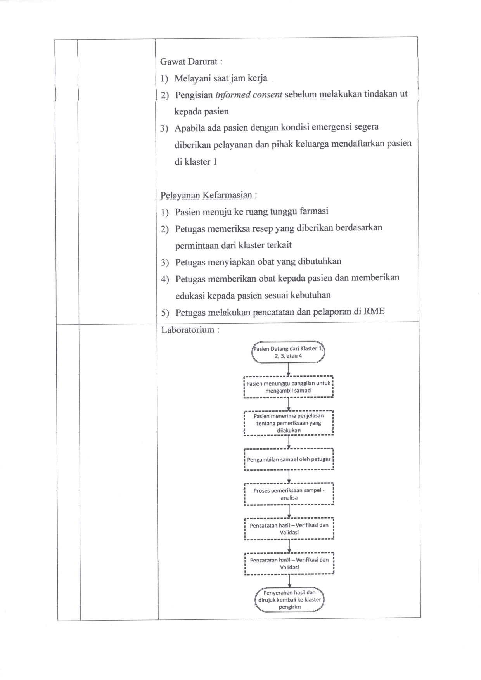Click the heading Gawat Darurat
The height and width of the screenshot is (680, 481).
[x=191, y=62]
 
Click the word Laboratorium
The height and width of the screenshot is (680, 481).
[x=188, y=330]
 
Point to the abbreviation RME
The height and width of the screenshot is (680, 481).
[x=374, y=311]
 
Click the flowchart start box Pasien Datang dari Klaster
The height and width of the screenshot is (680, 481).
[x=288, y=352]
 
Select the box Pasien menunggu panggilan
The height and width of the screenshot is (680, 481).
[x=288, y=387]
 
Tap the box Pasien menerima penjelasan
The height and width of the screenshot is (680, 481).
[x=289, y=423]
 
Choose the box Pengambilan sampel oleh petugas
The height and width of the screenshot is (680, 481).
[x=289, y=459]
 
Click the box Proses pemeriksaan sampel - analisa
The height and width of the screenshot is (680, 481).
[x=289, y=494]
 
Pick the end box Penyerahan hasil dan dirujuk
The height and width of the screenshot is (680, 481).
[x=290, y=600]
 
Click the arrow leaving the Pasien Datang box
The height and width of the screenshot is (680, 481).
[x=288, y=370]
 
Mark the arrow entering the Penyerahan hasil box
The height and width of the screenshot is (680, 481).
[x=290, y=581]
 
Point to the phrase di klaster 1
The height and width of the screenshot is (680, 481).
[x=196, y=162]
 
